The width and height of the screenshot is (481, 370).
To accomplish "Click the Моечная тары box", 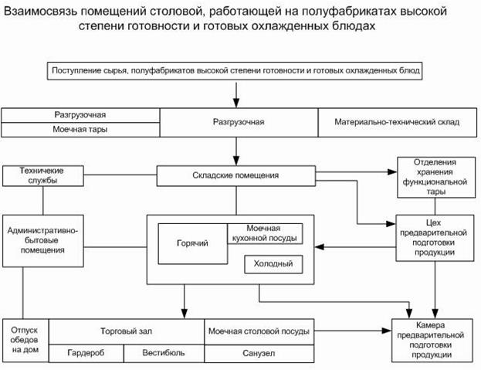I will [80, 129].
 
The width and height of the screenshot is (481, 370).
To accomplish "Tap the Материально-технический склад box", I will [398, 122].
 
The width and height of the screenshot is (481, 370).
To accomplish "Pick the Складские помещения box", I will [235, 175].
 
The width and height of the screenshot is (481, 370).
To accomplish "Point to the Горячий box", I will [192, 244].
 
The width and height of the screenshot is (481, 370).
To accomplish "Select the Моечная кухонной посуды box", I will [264, 233].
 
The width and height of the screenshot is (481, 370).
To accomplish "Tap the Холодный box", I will [273, 265].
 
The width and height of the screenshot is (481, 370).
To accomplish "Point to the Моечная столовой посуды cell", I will [259, 331].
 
